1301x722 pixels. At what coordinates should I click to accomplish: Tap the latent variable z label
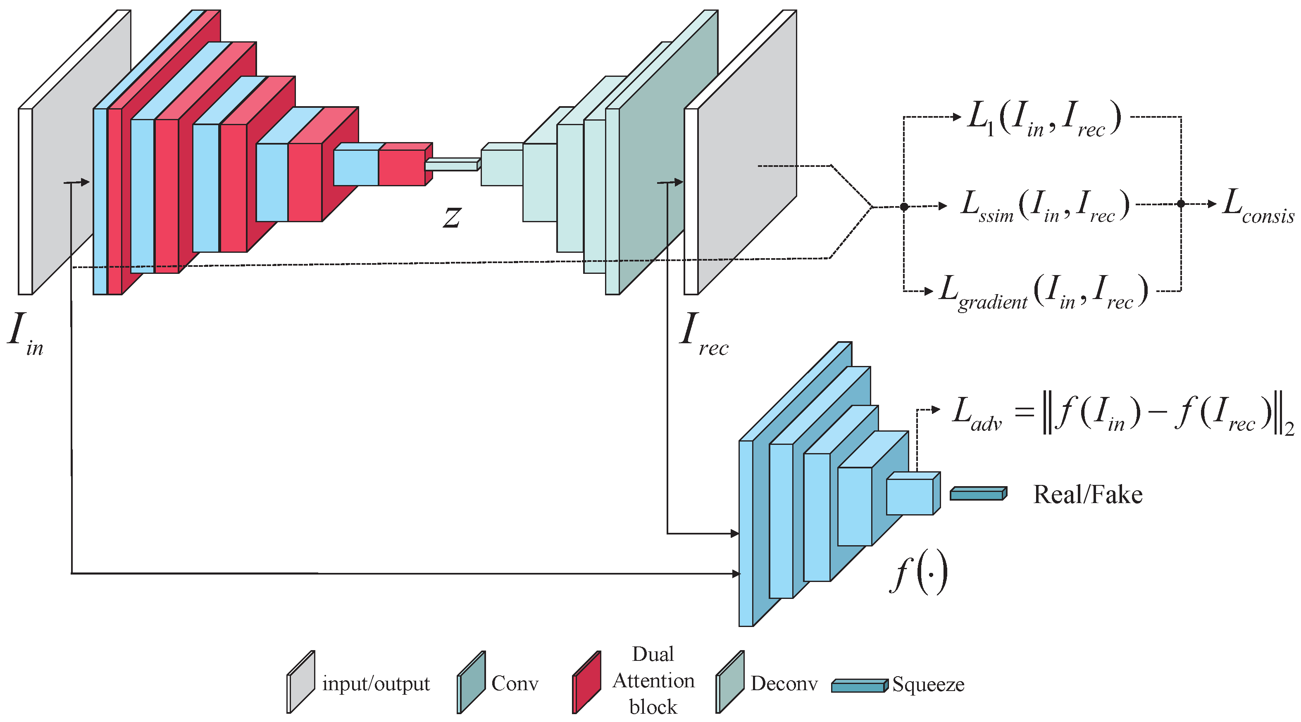coord(452,217)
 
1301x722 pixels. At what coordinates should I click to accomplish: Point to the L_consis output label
coord(1258,206)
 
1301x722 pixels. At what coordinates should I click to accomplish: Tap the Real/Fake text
coord(1087,495)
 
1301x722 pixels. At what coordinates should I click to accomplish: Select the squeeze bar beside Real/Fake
coord(978,494)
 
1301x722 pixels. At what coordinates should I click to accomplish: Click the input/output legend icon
coord(301,682)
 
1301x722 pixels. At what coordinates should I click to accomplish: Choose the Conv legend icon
coord(471,682)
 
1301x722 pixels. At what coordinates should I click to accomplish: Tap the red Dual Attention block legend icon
coord(587,682)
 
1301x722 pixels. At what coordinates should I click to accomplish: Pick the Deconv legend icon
coord(730,682)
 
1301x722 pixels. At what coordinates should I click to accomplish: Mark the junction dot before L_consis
coord(1181,204)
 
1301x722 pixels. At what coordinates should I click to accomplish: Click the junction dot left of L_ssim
coord(904,207)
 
